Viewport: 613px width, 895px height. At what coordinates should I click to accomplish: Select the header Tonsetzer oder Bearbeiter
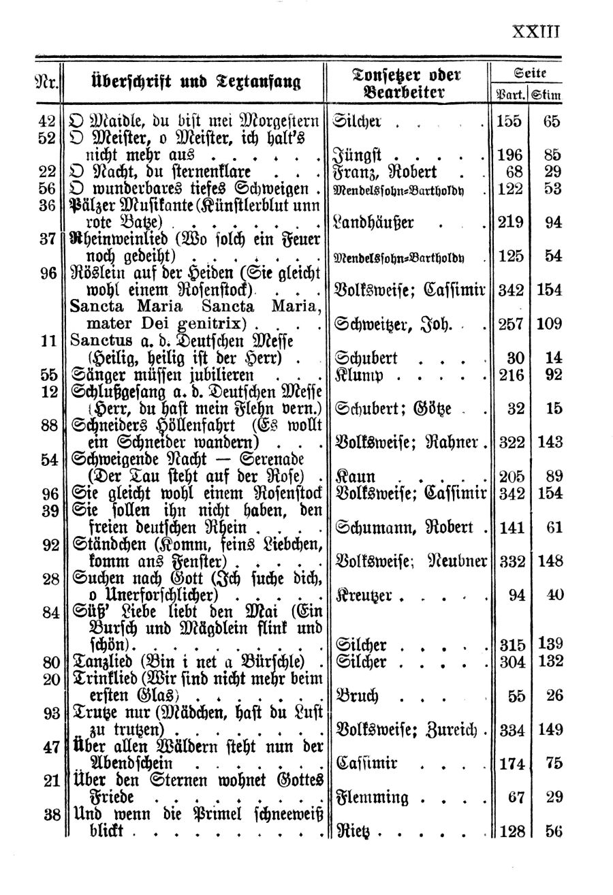coord(407,82)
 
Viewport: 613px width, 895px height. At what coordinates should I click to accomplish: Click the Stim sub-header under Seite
coord(547,95)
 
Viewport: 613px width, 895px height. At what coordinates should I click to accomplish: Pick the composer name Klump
coord(356,374)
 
